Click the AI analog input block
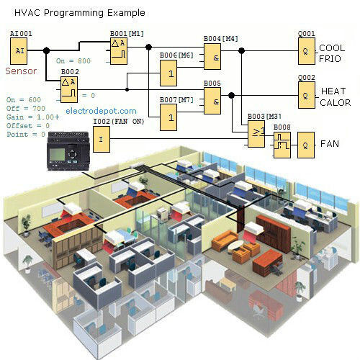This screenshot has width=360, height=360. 20,50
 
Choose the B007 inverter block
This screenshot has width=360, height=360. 170,113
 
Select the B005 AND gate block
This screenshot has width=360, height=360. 212,101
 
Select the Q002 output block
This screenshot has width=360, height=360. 305,94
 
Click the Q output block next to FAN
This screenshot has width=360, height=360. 307,143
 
